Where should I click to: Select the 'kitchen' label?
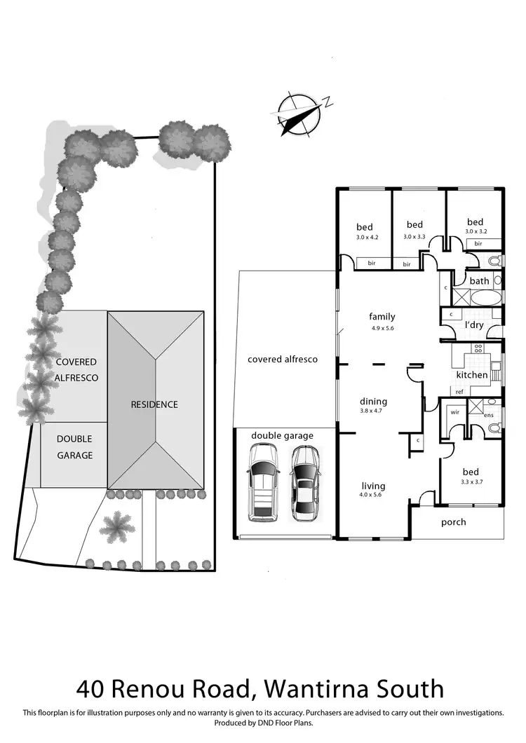click(471, 375)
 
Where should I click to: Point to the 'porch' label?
click(453, 522)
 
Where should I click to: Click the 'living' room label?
click(373, 486)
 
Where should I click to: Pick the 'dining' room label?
click(373, 402)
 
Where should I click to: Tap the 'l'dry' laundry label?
click(475, 325)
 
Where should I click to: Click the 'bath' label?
click(480, 281)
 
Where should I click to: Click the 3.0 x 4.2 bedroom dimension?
click(367, 238)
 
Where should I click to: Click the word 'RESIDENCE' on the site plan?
click(154, 404)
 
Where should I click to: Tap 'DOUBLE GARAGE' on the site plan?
click(74, 447)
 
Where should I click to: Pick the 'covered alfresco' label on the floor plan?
click(283, 359)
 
